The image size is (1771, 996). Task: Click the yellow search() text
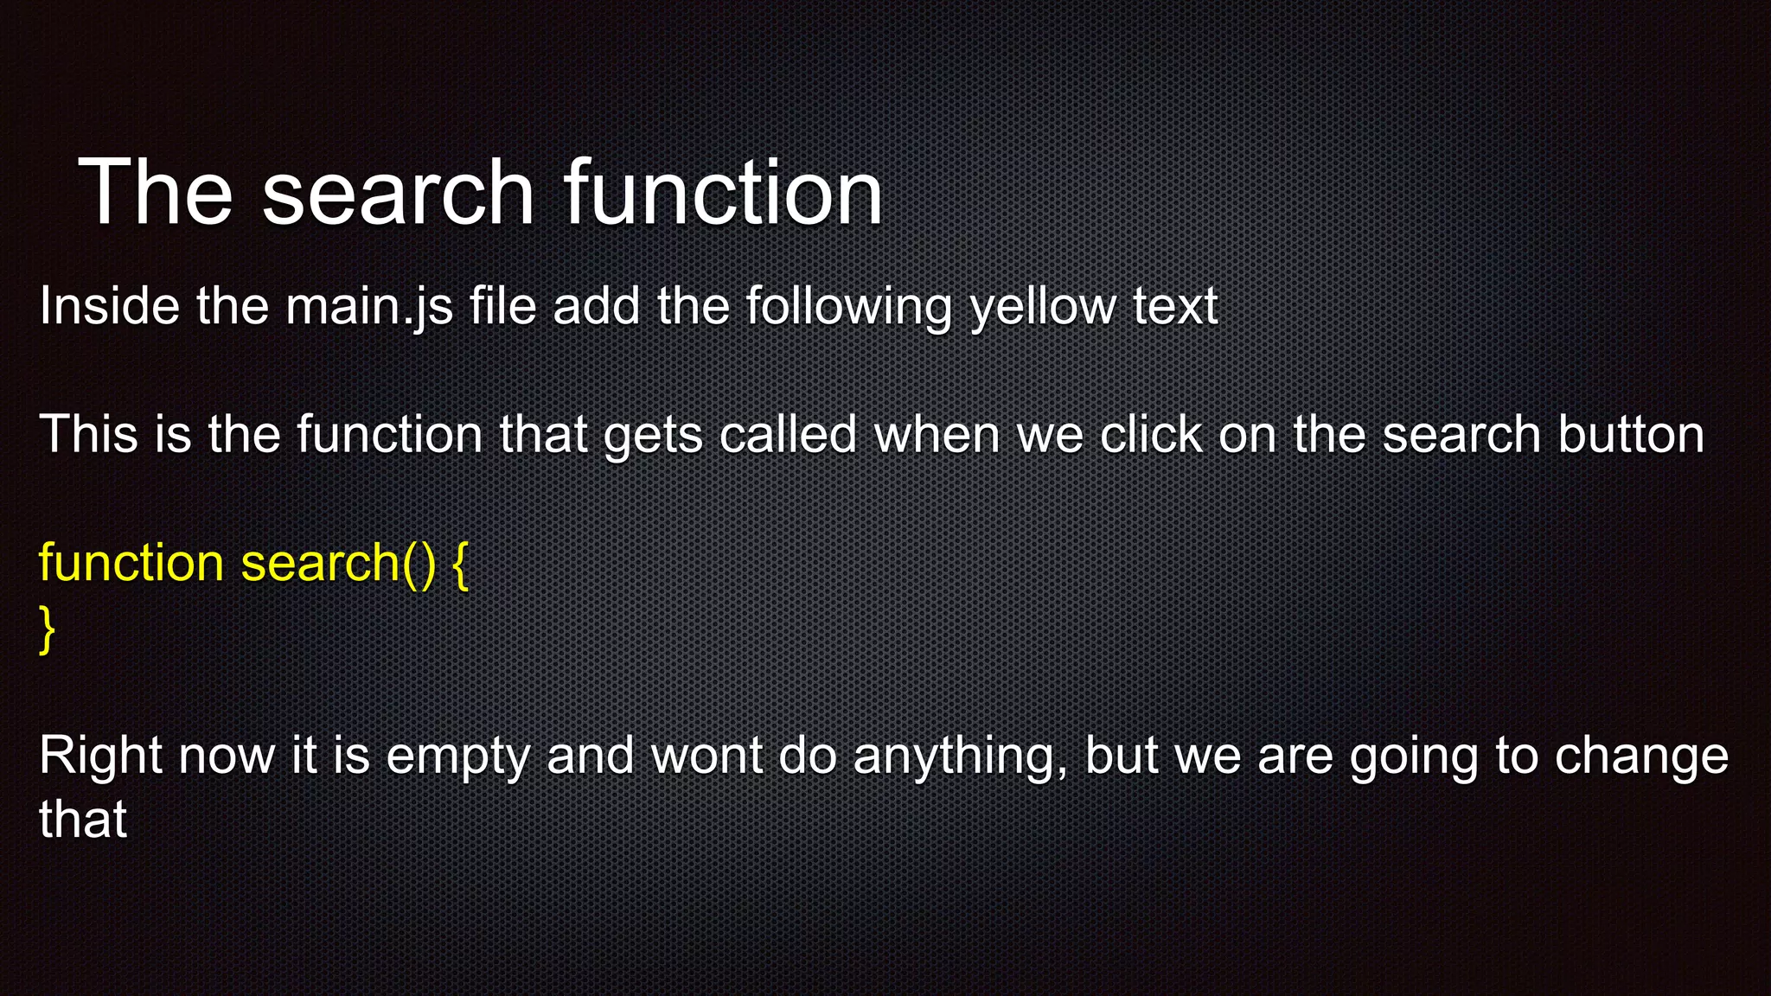point(338,563)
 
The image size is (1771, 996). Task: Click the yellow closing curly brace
point(48,629)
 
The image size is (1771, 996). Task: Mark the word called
point(787,434)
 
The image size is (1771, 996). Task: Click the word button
point(1630,434)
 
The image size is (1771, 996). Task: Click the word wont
point(706,757)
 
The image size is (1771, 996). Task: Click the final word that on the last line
point(83,820)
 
